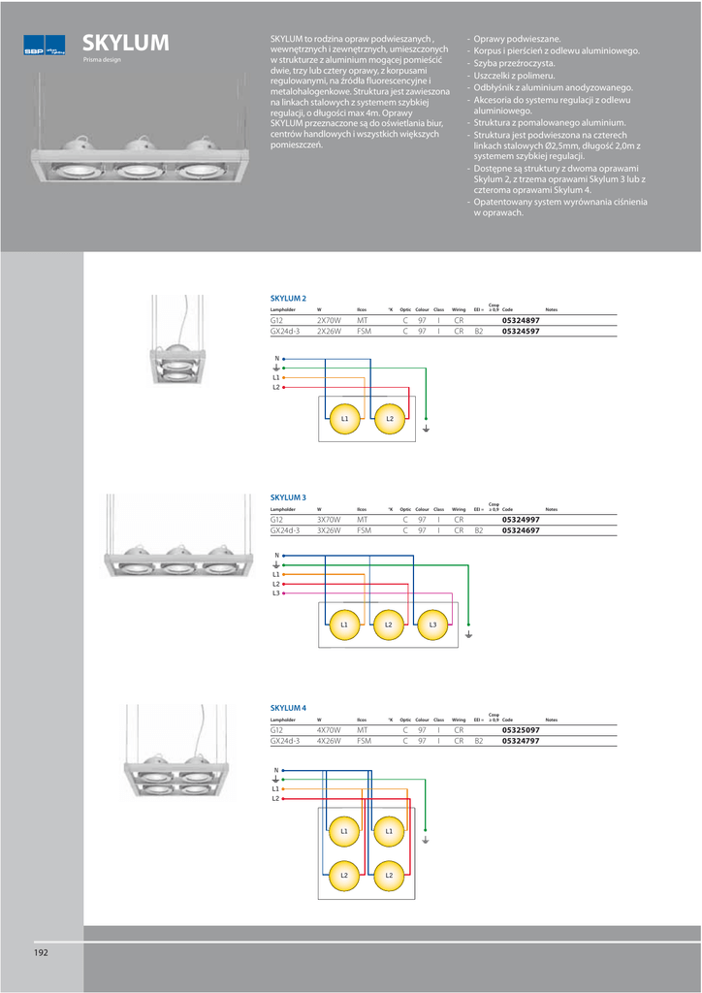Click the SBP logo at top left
pyautogui.click(x=44, y=46)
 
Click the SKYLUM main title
pyautogui.click(x=126, y=43)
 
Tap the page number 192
pyautogui.click(x=41, y=952)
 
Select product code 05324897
pyautogui.click(x=521, y=319)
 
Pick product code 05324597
pyautogui.click(x=521, y=331)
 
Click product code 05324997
pyautogui.click(x=521, y=520)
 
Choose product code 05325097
pyautogui.click(x=521, y=729)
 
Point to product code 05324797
pyautogui.click(x=521, y=741)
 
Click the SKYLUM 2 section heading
pyautogui.click(x=288, y=299)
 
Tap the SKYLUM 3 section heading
pyautogui.click(x=288, y=497)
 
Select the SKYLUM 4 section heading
pyautogui.click(x=288, y=708)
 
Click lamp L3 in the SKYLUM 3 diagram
pyautogui.click(x=433, y=625)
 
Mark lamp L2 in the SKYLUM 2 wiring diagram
pyautogui.click(x=390, y=418)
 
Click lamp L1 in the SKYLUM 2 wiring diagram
pyautogui.click(x=345, y=418)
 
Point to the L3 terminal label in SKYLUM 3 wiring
pyautogui.click(x=275, y=593)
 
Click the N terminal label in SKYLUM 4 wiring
pyautogui.click(x=275, y=770)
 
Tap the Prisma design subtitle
pyautogui.click(x=102, y=60)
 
